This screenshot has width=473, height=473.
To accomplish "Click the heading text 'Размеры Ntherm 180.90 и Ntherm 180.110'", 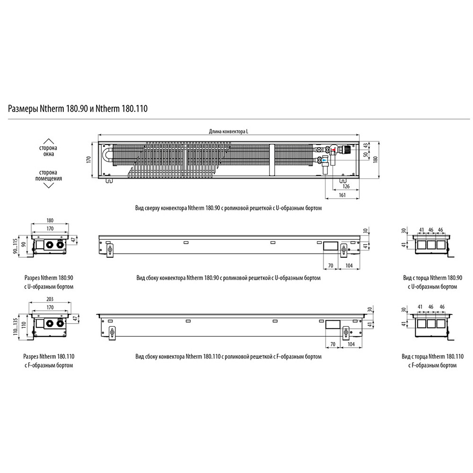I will click(x=78, y=109).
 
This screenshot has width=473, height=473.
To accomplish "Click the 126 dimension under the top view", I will click(x=346, y=186).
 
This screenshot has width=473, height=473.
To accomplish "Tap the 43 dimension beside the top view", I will click(x=364, y=146).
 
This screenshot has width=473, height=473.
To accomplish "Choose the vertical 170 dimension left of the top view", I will click(x=88, y=159).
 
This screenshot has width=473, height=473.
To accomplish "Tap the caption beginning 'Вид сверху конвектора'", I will click(x=228, y=208).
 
